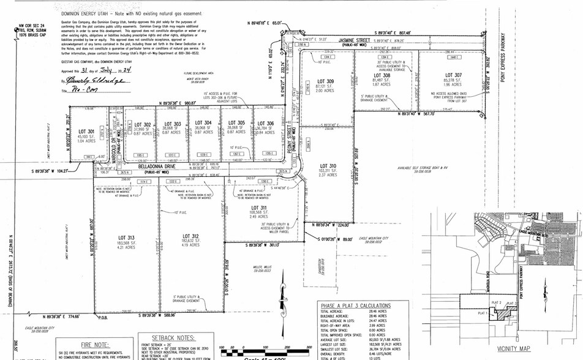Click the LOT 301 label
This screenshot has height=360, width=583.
point(86,132)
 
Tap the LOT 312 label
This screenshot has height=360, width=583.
point(190,236)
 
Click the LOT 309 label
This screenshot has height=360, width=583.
point(325,81)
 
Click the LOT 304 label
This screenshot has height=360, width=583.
point(203,122)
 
